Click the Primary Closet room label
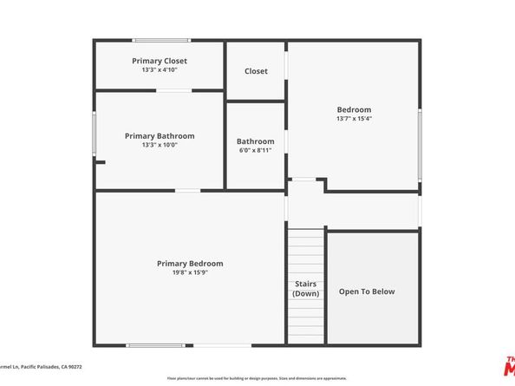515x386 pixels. tap(160, 61)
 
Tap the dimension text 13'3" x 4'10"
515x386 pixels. tap(160, 70)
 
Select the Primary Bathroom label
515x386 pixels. tap(160, 135)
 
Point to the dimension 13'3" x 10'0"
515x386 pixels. tap(160, 145)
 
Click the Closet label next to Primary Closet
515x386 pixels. tap(256, 71)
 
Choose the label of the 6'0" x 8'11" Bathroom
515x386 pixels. tap(256, 141)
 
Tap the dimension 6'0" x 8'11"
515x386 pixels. tap(256, 150)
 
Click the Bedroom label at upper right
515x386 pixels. tap(354, 109)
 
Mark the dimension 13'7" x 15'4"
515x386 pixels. tap(354, 119)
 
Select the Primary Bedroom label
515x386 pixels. tap(190, 263)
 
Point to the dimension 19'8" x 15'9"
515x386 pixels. tap(190, 272)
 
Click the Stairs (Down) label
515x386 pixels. tap(305, 289)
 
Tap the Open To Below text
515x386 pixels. tap(367, 291)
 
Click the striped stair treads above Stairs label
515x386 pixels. tap(305, 252)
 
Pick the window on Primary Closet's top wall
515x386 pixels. tap(161, 40)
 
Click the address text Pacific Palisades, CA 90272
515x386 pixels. tap(55, 367)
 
